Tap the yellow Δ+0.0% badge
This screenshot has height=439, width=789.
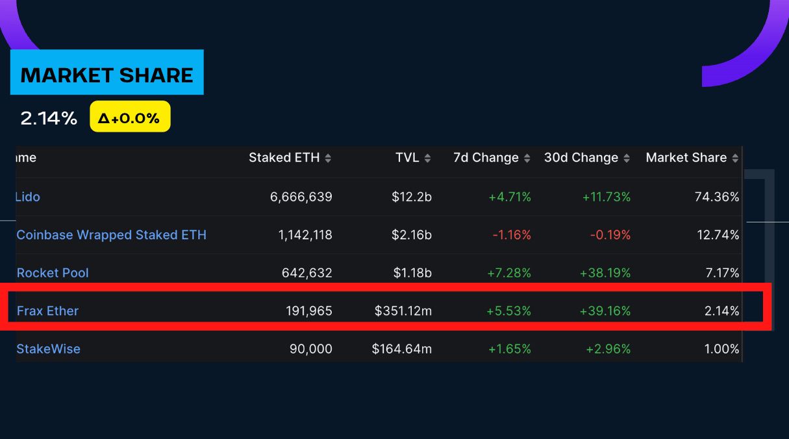click(x=130, y=117)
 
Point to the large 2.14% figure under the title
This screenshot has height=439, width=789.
click(x=49, y=118)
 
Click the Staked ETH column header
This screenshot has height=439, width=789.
click(x=284, y=158)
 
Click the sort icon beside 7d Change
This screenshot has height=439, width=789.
click(x=527, y=158)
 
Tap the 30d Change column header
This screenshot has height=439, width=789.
click(x=581, y=158)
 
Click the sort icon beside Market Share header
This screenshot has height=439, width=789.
click(x=735, y=158)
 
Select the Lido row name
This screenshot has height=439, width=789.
click(x=28, y=196)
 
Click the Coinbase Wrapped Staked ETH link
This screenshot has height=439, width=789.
click(x=112, y=235)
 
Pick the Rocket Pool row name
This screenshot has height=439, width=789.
click(x=53, y=273)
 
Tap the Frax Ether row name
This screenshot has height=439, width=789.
click(x=47, y=311)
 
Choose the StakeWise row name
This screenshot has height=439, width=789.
click(x=49, y=349)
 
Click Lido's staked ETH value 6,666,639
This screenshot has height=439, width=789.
click(x=301, y=196)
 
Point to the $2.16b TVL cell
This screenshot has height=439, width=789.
click(x=412, y=235)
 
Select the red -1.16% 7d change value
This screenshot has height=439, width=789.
click(x=512, y=235)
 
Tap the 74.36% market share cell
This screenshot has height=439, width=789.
click(x=717, y=196)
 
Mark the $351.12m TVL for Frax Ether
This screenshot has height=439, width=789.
click(x=403, y=311)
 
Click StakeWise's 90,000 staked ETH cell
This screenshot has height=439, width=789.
click(x=310, y=349)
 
